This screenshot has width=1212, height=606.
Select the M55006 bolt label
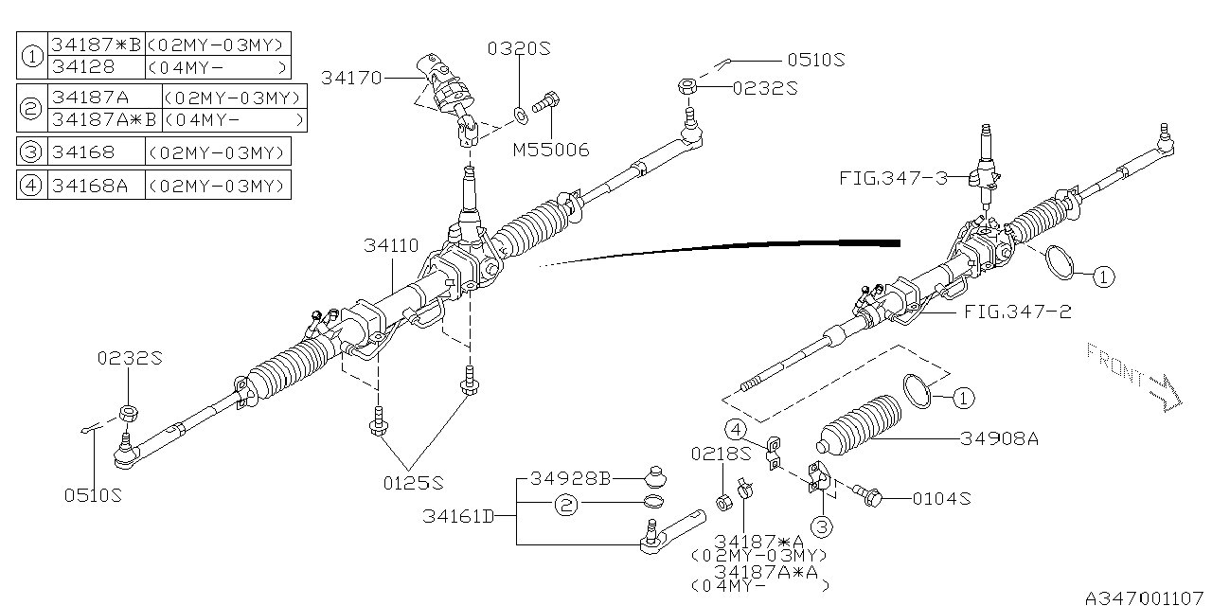551,150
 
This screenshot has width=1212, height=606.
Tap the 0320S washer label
519,48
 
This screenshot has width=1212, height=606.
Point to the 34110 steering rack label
391,246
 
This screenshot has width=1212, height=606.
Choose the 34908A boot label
999,438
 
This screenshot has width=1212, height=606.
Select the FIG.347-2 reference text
1017,311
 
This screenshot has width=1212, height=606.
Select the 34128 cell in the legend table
83,67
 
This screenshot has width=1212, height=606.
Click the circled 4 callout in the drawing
736,428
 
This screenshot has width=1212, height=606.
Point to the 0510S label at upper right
815,60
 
